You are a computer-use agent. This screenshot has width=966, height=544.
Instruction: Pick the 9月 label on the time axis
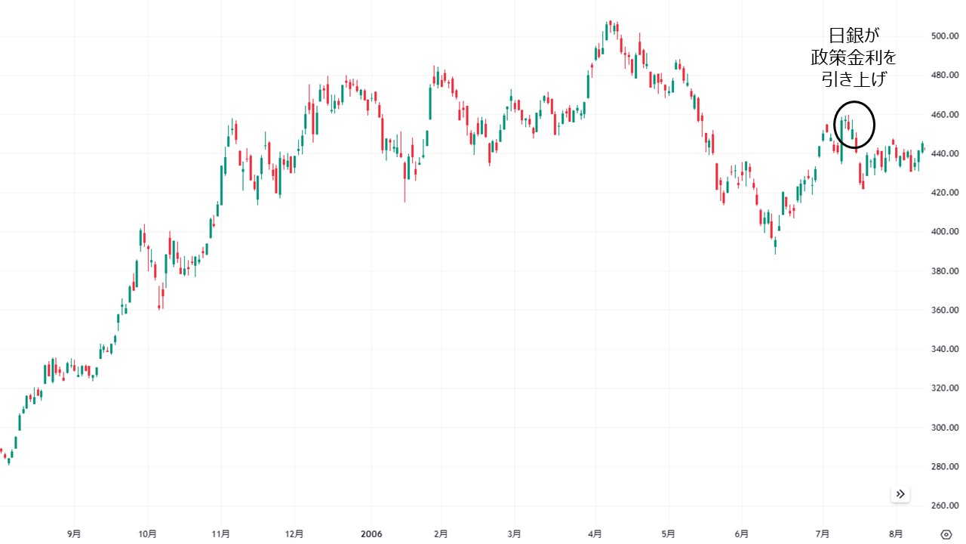[74, 533]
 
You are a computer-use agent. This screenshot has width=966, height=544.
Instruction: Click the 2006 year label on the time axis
[371, 533]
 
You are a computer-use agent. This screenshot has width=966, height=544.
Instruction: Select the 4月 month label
[596, 533]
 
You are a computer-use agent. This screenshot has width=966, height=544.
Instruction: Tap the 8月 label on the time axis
[896, 533]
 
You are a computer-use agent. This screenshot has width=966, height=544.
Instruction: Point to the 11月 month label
[221, 533]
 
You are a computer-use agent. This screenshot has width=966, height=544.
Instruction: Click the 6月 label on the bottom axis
[742, 533]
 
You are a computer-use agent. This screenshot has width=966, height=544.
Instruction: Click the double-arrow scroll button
[900, 494]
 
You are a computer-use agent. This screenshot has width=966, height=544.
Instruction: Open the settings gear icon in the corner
[946, 534]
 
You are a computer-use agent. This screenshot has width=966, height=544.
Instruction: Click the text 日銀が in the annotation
[854, 36]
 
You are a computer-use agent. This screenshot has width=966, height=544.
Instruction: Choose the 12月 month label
[295, 533]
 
